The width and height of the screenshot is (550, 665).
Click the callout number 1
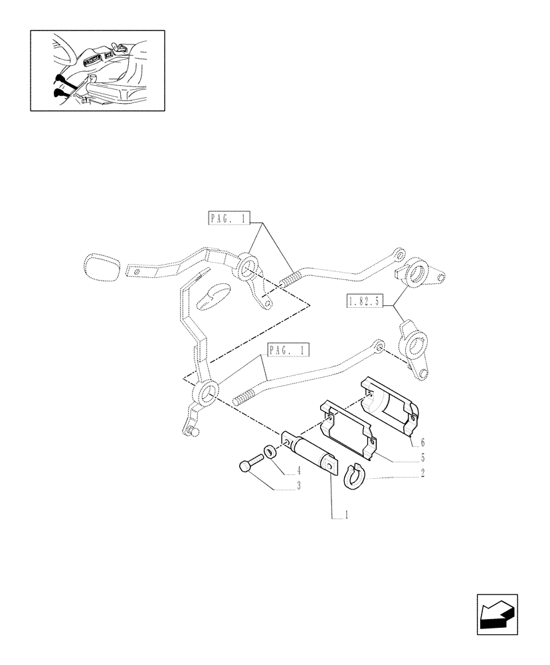[345, 515]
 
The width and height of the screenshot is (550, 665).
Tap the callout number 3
[299, 487]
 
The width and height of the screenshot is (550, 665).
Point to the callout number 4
[299, 471]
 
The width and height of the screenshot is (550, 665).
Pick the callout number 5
[422, 458]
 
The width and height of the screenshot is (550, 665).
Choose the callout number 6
[422, 442]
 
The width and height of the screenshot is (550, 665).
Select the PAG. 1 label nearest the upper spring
[227, 218]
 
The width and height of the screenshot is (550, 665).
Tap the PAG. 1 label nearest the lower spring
[290, 350]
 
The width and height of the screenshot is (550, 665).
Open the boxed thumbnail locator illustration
[97, 70]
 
